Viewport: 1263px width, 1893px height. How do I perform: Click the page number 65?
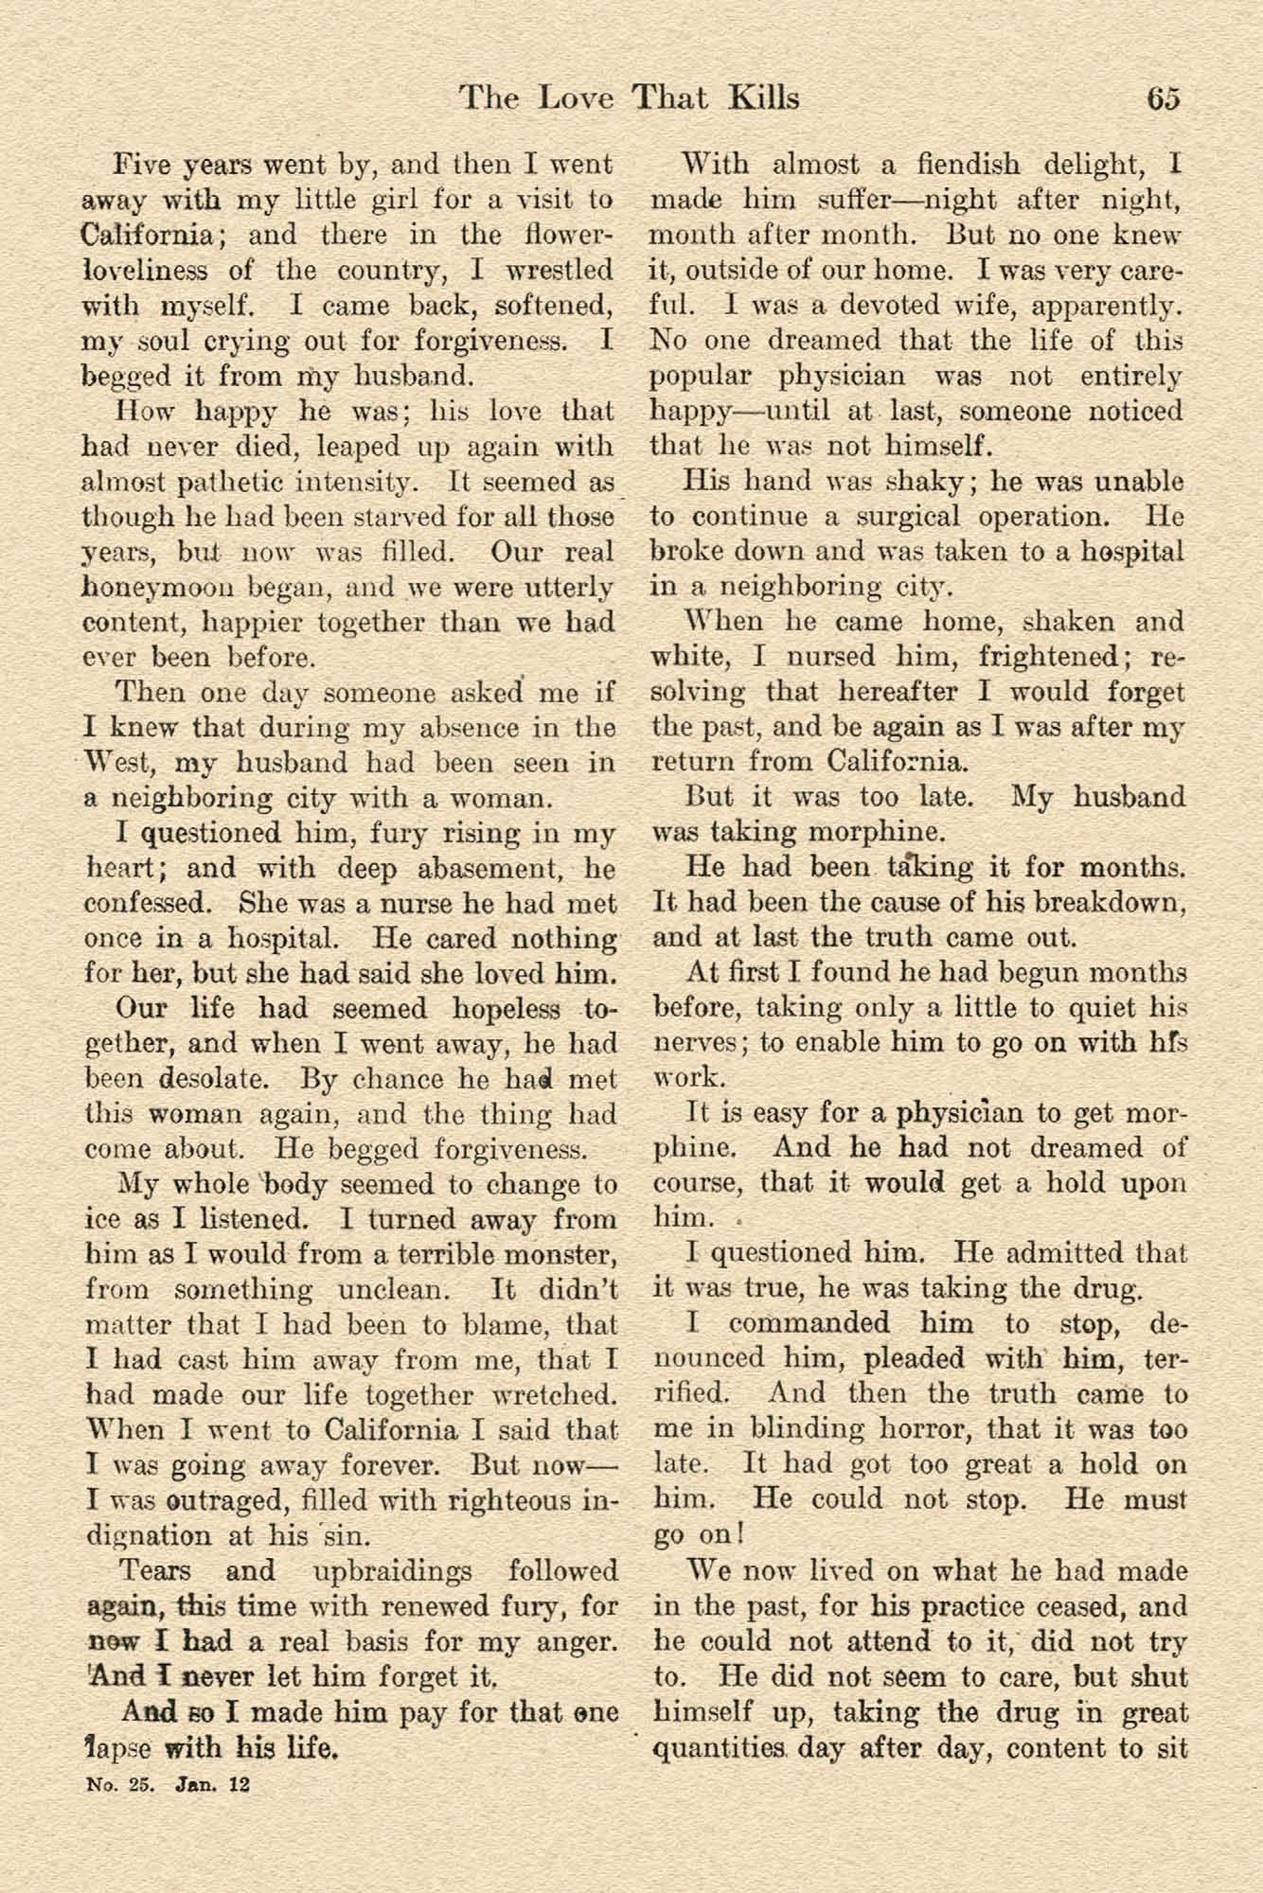1162,98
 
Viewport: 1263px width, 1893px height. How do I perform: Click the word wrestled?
560,271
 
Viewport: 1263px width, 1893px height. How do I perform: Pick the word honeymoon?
152,587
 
